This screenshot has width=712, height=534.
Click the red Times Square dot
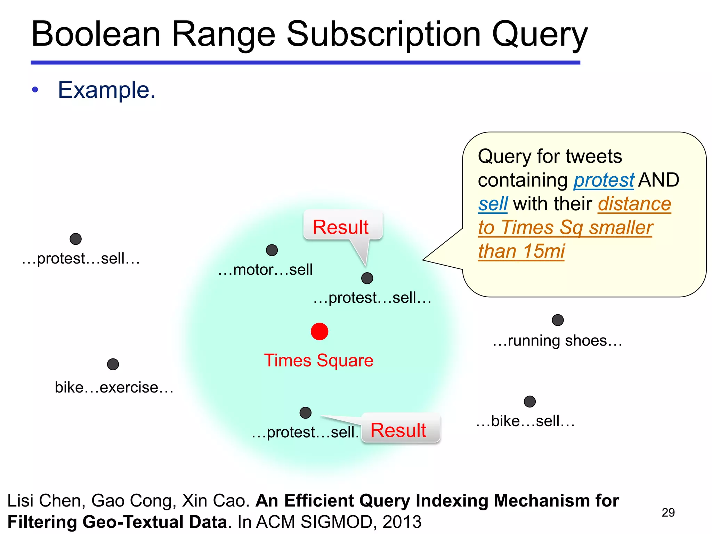[x=319, y=331]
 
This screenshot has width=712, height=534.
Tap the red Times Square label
[x=318, y=360]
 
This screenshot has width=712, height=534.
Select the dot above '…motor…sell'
[x=272, y=250]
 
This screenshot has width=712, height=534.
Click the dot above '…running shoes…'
[x=558, y=320]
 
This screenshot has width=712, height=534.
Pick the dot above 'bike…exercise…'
[x=113, y=364]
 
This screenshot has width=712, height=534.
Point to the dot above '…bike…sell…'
[x=529, y=402]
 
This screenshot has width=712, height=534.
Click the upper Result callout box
[x=342, y=227]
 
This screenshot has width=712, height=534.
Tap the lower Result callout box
[x=400, y=429]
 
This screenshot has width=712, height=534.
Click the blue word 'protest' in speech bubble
[x=604, y=180]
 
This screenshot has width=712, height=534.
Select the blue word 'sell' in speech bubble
[x=493, y=204]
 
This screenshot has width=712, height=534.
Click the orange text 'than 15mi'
[x=521, y=251]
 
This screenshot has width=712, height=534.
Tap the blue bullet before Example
[x=35, y=90]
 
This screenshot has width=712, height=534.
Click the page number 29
[x=668, y=512]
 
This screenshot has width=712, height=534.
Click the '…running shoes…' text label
[x=557, y=341]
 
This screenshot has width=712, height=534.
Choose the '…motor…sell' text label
[x=265, y=270]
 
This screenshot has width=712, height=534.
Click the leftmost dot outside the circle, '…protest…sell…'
[x=75, y=239]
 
